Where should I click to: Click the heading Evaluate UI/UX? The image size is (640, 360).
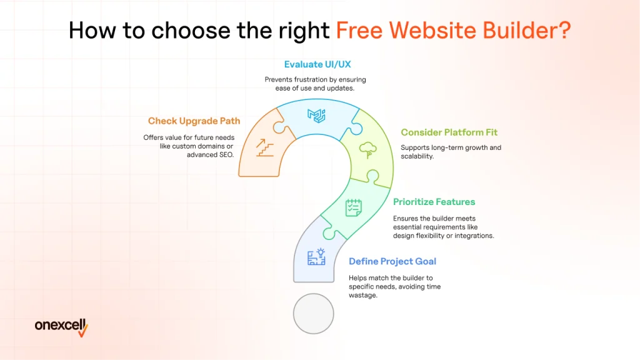317,64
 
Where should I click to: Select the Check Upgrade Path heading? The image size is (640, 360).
194,121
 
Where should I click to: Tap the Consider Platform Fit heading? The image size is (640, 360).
449,132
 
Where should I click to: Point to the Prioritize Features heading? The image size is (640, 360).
434,202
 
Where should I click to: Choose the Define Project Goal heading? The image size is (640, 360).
392,261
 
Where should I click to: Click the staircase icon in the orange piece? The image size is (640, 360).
265,147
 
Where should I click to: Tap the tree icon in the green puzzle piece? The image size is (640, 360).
367,150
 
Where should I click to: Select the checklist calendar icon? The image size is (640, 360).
354,207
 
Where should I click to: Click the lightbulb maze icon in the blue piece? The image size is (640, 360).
317,257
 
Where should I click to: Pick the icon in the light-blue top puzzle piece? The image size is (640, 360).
316,116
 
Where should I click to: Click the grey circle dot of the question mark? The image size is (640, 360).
314,314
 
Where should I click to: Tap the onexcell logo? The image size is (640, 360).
61,327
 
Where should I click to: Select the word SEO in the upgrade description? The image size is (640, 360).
226,155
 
